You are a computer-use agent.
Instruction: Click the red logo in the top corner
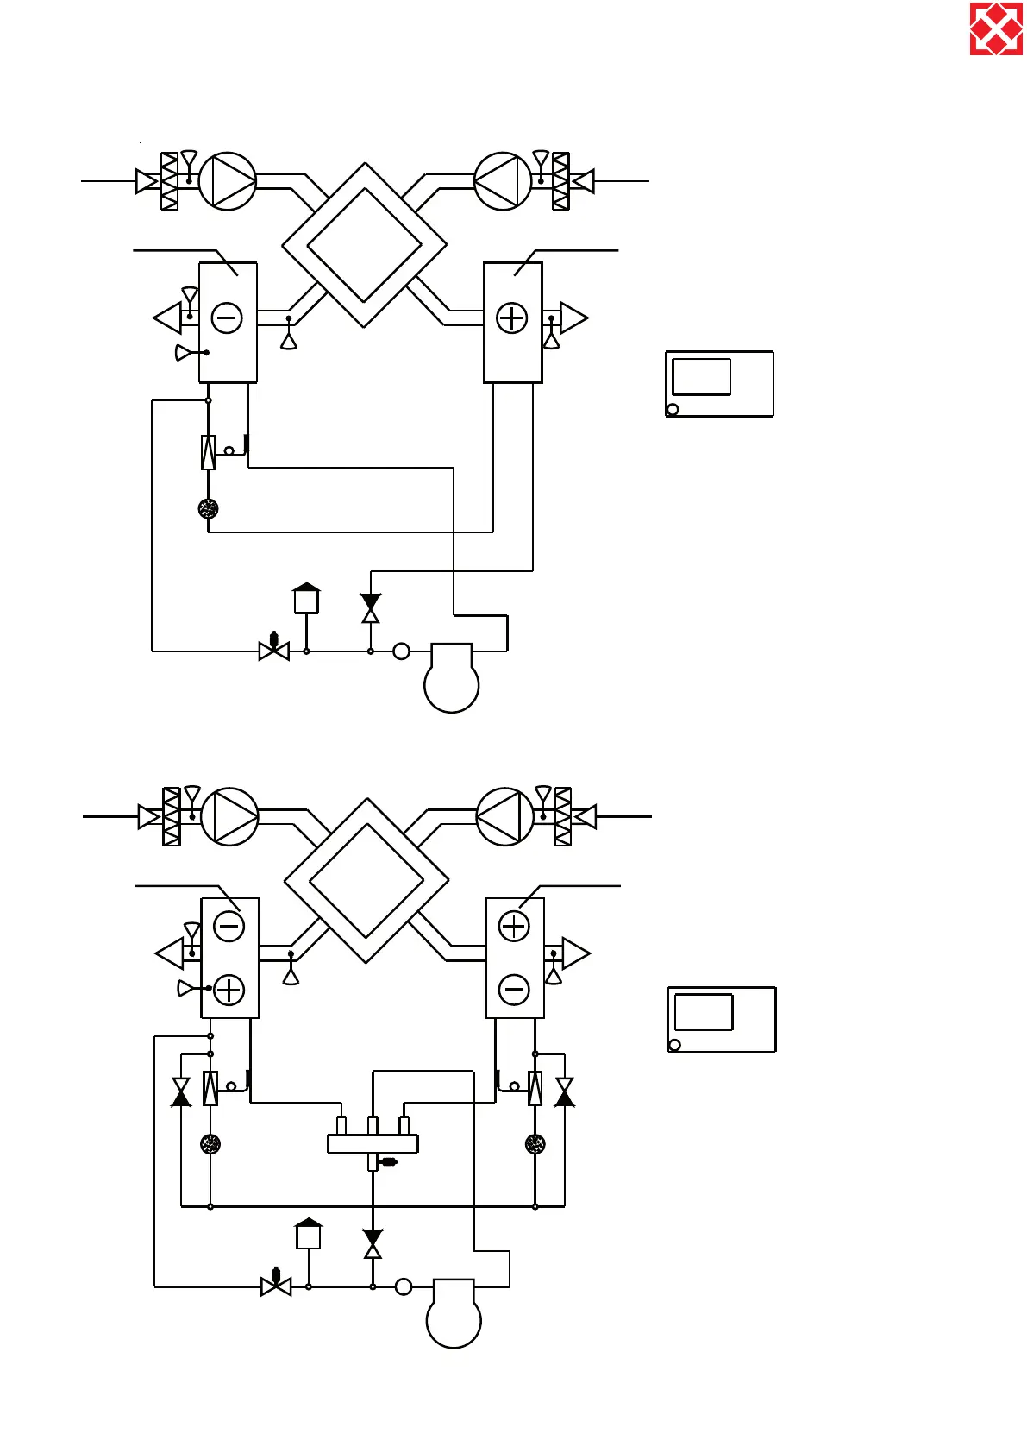point(996,28)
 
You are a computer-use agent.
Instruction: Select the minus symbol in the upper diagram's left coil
point(227,318)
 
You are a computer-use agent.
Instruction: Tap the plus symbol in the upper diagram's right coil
point(512,318)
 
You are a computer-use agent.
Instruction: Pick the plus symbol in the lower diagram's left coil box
point(229,990)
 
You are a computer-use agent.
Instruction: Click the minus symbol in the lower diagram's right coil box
point(514,990)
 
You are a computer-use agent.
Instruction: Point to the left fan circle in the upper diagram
point(228,181)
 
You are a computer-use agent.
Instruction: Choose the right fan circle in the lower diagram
point(504,816)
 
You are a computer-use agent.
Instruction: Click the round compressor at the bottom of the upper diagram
point(451,682)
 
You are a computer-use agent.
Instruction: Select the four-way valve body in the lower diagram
point(373,1143)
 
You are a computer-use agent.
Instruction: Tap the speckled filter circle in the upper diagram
point(208,508)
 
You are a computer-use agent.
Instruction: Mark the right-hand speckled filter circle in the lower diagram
point(535,1144)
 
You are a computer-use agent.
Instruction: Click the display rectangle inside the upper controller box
point(701,377)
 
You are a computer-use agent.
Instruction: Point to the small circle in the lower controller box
point(674,1045)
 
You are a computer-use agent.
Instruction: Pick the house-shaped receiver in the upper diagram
point(306,599)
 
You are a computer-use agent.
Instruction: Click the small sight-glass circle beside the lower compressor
point(403,1286)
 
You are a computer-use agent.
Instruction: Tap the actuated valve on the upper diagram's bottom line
point(274,649)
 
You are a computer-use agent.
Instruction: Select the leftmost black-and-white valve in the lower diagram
point(181,1091)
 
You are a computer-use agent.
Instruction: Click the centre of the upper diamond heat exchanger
point(364,245)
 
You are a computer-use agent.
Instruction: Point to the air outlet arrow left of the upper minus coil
point(168,318)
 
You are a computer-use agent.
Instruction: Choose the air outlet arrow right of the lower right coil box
point(575,953)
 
